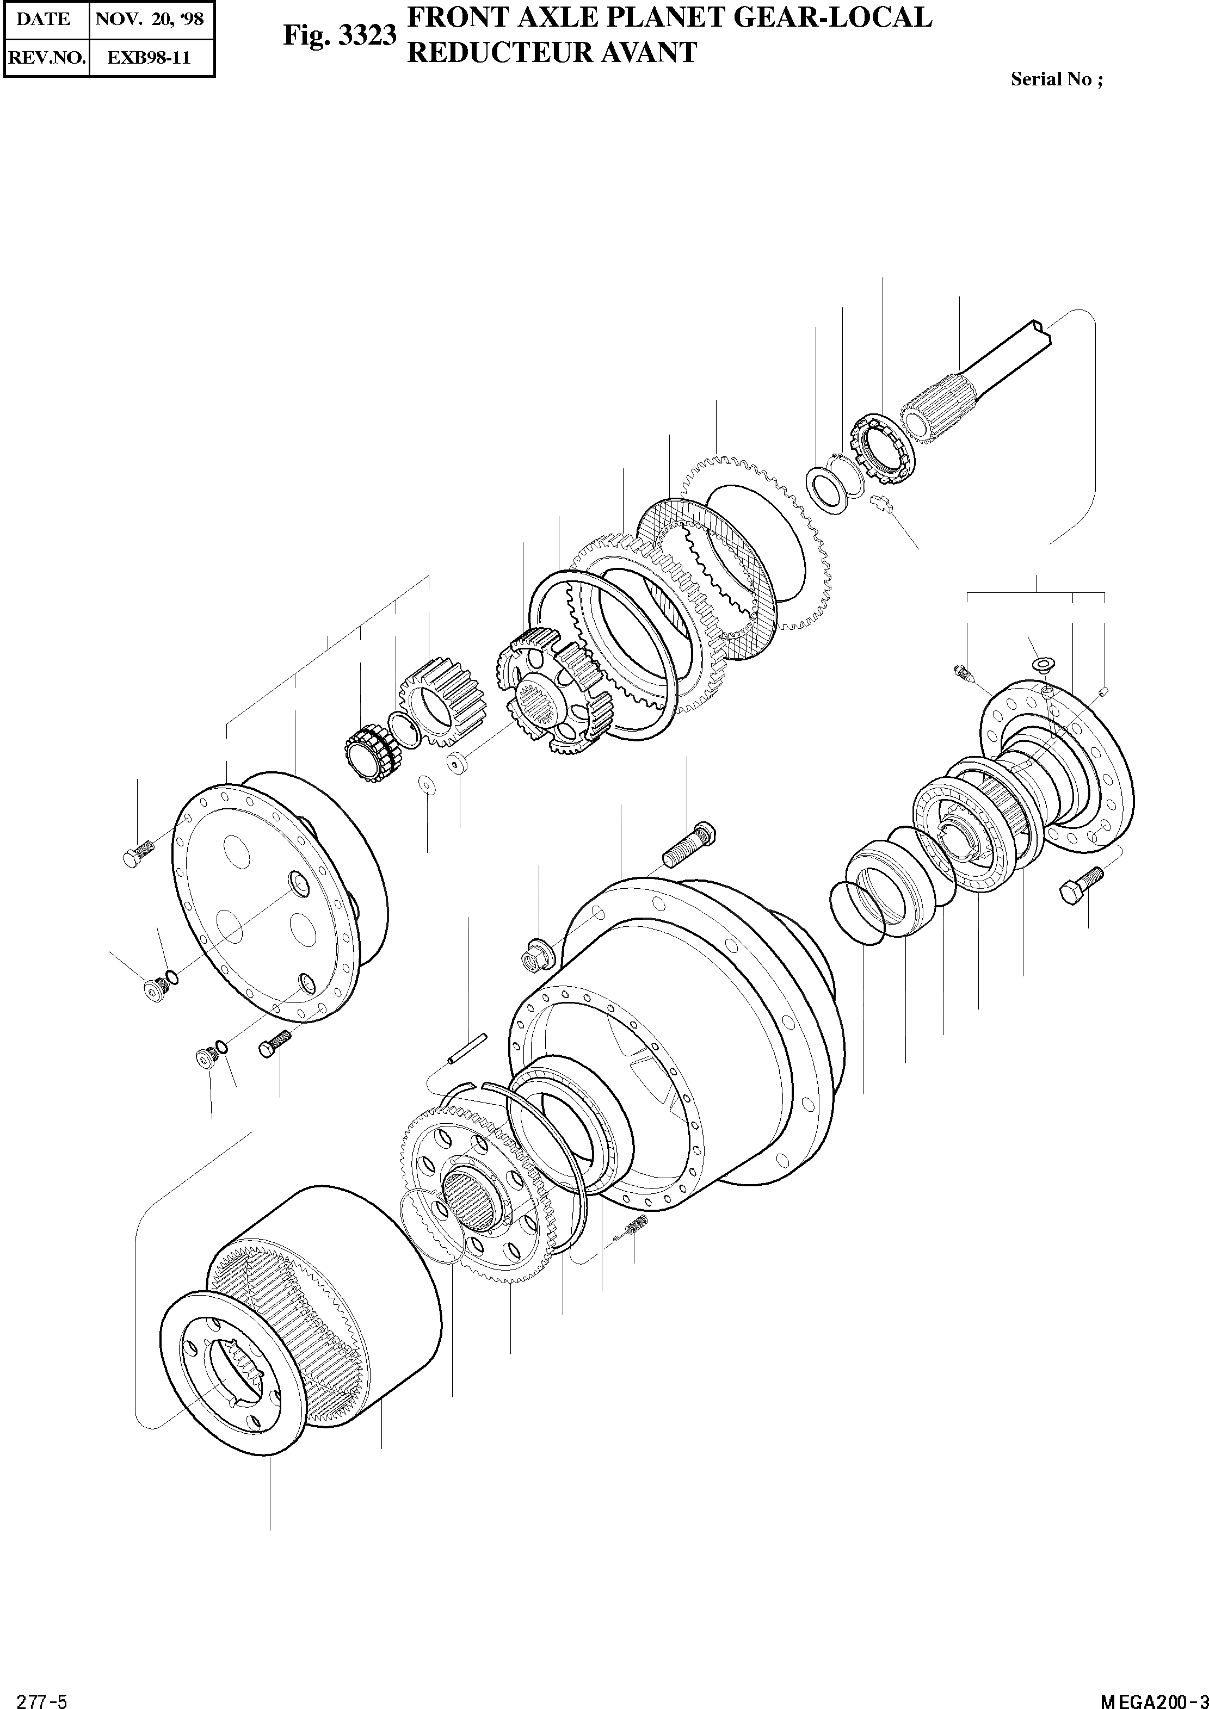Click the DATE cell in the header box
(x=43, y=18)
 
